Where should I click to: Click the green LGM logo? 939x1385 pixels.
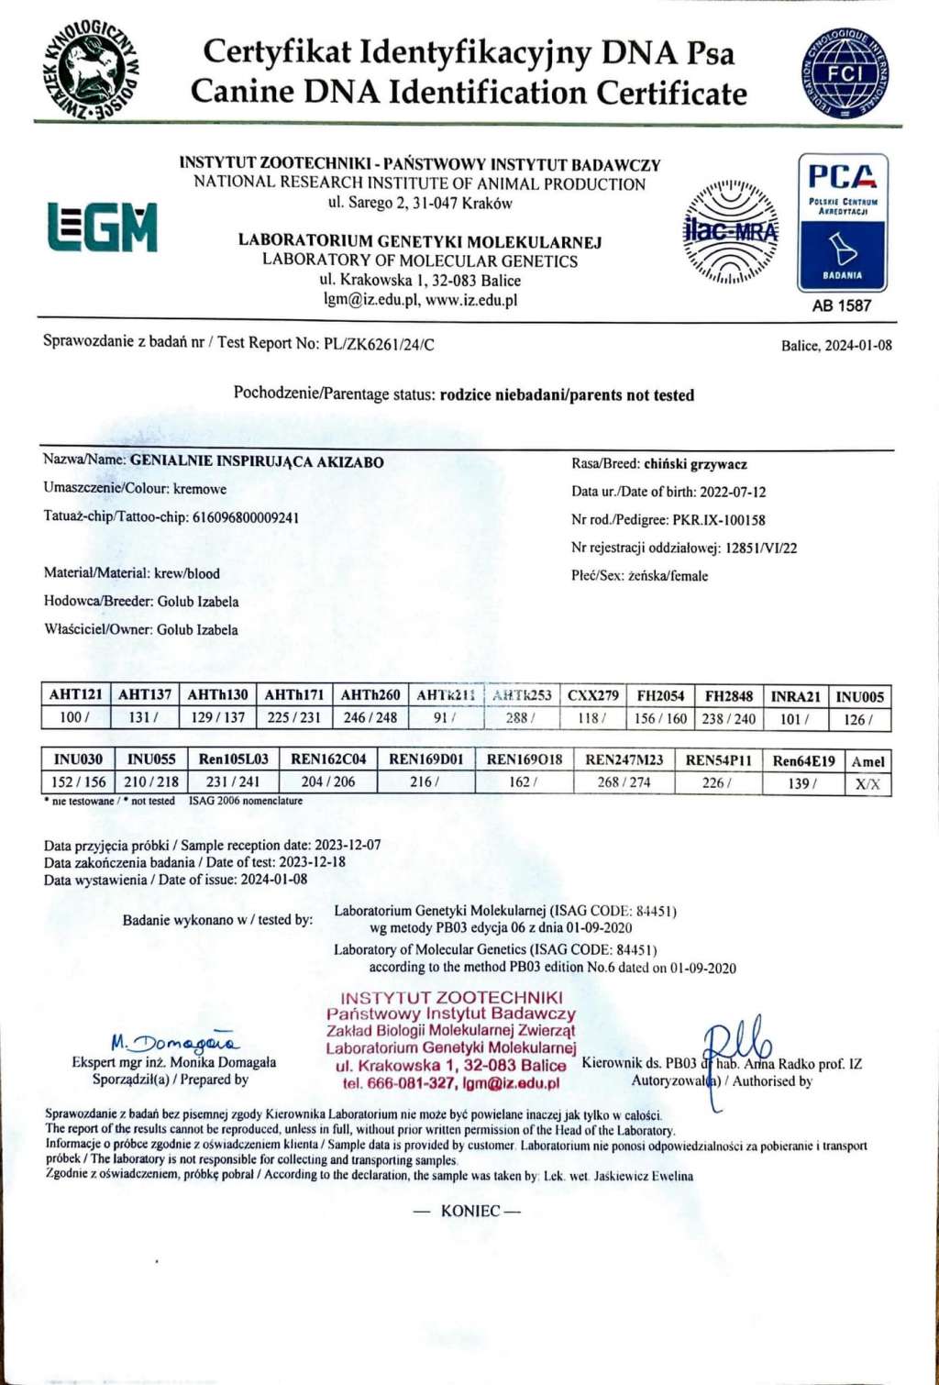coord(102,227)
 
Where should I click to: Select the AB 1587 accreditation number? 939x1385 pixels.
coord(841,305)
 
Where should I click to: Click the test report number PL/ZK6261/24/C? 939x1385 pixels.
coord(379,344)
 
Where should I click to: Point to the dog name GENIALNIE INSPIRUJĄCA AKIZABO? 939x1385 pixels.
coord(257,461)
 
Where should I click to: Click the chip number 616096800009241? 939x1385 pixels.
coord(245,517)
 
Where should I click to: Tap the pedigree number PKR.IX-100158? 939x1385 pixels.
coord(719,520)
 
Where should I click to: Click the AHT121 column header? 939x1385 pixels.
coord(75,694)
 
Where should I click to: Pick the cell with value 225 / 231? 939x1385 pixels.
coord(293,717)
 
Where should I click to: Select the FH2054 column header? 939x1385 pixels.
coord(660,695)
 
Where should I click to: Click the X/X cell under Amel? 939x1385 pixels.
coord(867,784)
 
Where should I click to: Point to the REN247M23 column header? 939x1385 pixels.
coord(624,759)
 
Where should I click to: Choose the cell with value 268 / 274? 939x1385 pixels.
coord(624,782)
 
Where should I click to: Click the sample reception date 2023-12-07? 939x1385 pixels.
coord(348,845)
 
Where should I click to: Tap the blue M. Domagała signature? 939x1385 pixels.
coord(174,1043)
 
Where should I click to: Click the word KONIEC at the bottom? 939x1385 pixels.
coord(469,1211)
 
